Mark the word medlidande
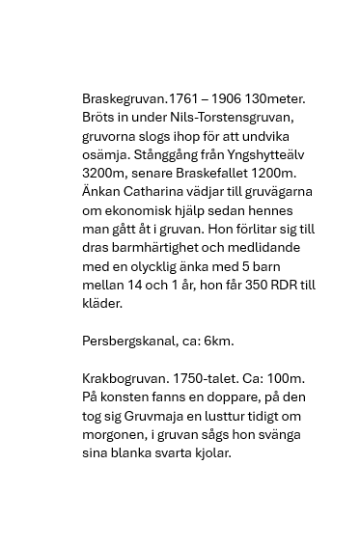click(x=281, y=248)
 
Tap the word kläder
click(x=102, y=303)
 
